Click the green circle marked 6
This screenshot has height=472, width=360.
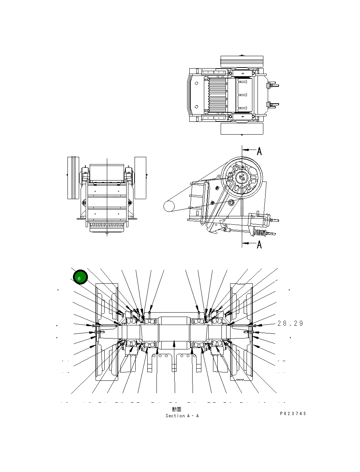80,278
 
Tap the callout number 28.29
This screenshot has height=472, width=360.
290,324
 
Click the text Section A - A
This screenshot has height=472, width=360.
182,416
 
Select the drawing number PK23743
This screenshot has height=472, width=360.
293,414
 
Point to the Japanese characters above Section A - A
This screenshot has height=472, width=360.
177,409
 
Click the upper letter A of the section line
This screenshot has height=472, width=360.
259,151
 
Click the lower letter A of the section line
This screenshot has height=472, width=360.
259,244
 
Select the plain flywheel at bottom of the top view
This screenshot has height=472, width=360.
242,129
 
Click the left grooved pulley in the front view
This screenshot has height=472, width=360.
73,178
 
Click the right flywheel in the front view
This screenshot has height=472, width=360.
140,178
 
